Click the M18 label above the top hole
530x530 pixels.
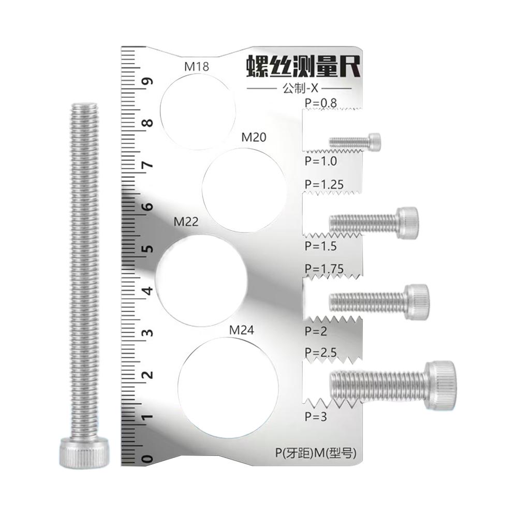pyautogui.click(x=196, y=67)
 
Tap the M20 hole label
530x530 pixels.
pyautogui.click(x=254, y=138)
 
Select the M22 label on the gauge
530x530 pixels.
pyautogui.click(x=186, y=222)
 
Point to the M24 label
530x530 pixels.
pyautogui.click(x=242, y=330)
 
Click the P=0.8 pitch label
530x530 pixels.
pyautogui.click(x=320, y=103)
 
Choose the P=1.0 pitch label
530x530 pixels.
pyautogui.click(x=320, y=161)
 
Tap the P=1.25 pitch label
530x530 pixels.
pyautogui.click(x=324, y=184)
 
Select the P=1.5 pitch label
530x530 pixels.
pyautogui.click(x=320, y=246)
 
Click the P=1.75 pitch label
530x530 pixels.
pyautogui.click(x=324, y=269)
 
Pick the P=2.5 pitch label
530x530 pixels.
pyautogui.click(x=320, y=352)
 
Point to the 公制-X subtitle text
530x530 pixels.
pyautogui.click(x=299, y=89)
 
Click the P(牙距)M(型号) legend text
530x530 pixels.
pyautogui.click(x=316, y=453)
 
